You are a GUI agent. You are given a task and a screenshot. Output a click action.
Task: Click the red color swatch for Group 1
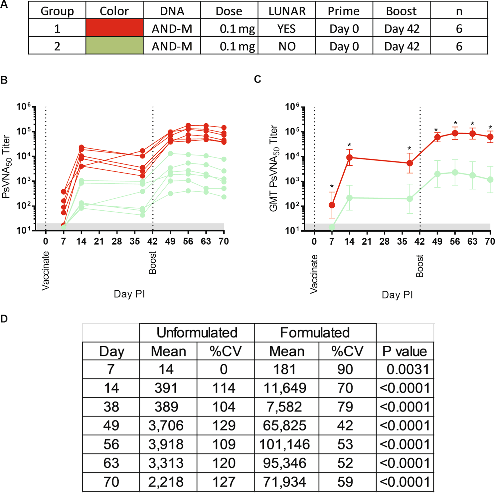click(x=114, y=28)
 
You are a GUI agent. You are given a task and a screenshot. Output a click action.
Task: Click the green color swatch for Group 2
click(x=114, y=45)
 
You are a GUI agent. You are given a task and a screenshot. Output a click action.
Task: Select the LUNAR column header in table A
click(x=287, y=11)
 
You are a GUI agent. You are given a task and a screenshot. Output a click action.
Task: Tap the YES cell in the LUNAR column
click(x=287, y=29)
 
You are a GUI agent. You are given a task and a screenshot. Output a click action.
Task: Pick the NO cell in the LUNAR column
click(x=287, y=46)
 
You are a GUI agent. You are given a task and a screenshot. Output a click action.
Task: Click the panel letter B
click(x=4, y=80)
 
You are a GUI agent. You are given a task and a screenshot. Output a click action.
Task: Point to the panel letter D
click(x=4, y=319)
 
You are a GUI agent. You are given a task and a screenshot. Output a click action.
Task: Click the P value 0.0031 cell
click(x=408, y=370)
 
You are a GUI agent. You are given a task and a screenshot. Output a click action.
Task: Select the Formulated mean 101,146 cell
click(x=284, y=444)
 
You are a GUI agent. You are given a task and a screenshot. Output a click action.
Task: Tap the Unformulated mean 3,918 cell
click(x=166, y=444)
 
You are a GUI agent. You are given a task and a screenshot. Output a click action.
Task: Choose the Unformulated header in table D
click(x=197, y=333)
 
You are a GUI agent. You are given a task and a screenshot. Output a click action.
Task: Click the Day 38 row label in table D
click(x=111, y=407)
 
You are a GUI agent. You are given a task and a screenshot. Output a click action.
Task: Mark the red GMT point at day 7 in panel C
click(x=332, y=205)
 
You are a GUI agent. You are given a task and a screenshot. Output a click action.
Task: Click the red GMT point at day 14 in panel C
click(x=349, y=157)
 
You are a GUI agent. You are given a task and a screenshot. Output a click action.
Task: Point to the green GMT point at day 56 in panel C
click(x=455, y=172)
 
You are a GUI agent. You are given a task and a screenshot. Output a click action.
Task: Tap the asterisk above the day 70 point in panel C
click(x=490, y=127)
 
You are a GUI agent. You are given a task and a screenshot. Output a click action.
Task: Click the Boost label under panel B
click(x=153, y=263)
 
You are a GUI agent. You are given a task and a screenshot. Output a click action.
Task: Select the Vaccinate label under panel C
click(x=314, y=274)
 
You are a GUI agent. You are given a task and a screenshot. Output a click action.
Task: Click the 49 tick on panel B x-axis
click(x=170, y=241)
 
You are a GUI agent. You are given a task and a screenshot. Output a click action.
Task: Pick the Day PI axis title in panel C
click(x=397, y=295)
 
